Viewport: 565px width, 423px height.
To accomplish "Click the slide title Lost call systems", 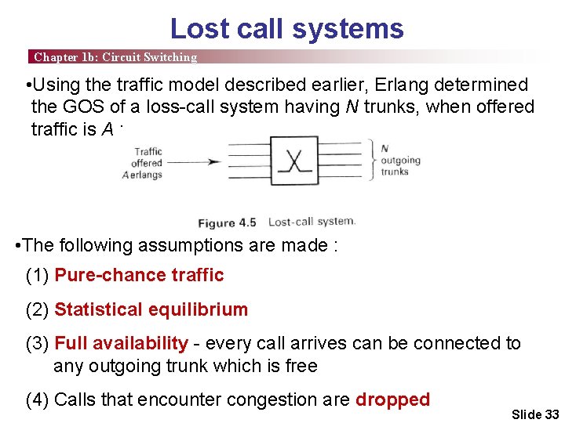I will tap(286, 29).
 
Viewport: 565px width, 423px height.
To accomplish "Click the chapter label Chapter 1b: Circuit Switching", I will tap(115, 57).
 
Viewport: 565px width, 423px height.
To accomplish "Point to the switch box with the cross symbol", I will tap(293, 164).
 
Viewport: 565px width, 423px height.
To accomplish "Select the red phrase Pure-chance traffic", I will tap(139, 275).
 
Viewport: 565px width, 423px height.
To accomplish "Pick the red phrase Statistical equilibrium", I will tap(151, 309).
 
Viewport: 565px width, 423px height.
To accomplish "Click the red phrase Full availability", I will tap(121, 343).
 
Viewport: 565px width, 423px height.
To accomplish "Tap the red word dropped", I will tap(392, 399).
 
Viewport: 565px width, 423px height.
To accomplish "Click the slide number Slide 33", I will tap(534, 414).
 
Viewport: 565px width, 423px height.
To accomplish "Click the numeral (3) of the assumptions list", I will tap(38, 343).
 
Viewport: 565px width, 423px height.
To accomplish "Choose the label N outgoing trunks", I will tap(400, 160).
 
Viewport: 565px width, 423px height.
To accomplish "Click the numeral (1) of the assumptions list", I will tap(38, 275).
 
